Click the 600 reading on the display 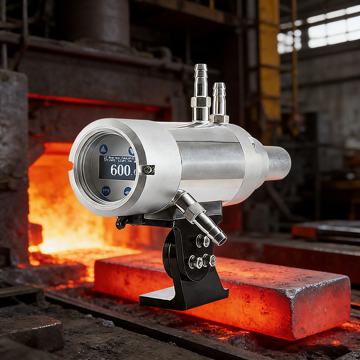click(120, 170)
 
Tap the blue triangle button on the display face click(103, 149)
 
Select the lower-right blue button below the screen click(127, 191)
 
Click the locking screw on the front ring click(148, 169)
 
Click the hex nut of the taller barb click(200, 102)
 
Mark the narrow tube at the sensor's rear click(277, 163)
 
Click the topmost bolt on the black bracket click(201, 241)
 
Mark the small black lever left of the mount click(120, 223)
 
